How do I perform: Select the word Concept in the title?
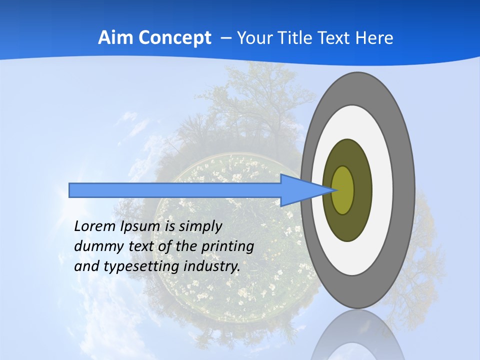(174, 38)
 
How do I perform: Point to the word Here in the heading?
(374, 38)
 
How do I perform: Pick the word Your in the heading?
(252, 38)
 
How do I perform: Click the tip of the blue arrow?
(334, 190)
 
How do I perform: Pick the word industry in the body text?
(212, 267)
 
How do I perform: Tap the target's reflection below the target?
(358, 337)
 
